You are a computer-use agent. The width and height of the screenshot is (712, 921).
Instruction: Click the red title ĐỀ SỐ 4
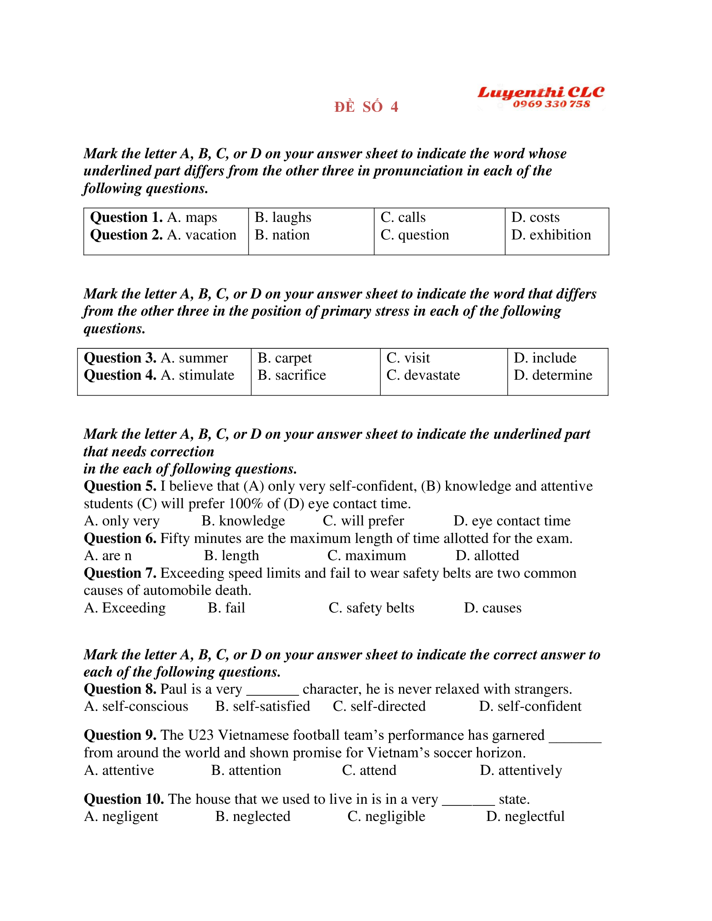[366, 107]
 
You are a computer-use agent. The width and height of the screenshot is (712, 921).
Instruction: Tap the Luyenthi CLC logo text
[540, 93]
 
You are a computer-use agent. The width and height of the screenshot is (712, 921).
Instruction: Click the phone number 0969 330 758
[551, 104]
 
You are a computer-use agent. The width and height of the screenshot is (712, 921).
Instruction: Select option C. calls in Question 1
[403, 217]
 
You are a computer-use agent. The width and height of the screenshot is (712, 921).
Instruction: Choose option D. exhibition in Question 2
[551, 235]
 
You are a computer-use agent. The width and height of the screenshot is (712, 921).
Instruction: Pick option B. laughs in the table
[283, 217]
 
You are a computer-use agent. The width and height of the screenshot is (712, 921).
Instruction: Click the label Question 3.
[120, 358]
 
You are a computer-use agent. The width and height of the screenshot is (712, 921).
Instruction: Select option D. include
[544, 358]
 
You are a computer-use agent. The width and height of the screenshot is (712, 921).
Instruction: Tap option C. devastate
[423, 375]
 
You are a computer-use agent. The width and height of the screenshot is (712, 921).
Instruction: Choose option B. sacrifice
[292, 375]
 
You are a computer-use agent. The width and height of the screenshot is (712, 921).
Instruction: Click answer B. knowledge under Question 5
[243, 521]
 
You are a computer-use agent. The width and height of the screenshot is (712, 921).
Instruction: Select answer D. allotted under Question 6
[487, 556]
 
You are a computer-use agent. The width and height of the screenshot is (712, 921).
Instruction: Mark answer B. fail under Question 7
[227, 608]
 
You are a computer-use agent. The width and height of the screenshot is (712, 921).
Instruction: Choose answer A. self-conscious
[136, 706]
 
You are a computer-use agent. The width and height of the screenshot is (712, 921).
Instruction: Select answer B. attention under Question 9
[246, 770]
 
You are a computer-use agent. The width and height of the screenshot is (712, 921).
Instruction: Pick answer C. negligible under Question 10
[386, 816]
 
